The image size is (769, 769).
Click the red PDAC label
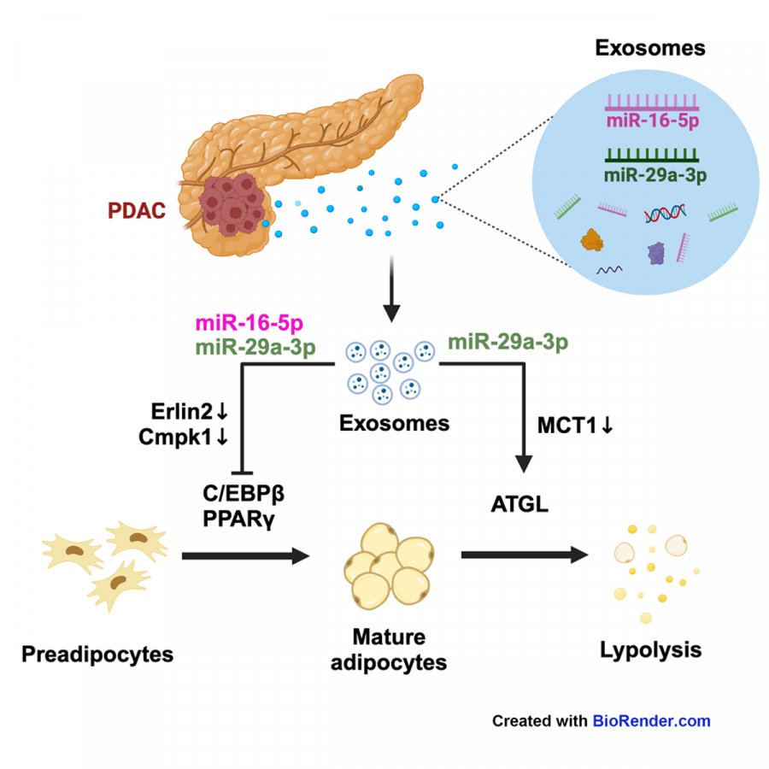pyautogui.click(x=137, y=211)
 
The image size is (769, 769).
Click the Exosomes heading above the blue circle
pyautogui.click(x=650, y=48)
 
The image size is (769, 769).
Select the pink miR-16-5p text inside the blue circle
pyautogui.click(x=653, y=120)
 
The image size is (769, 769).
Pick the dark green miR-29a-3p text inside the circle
pyautogui.click(x=655, y=175)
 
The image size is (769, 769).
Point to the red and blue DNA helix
pyautogui.click(x=665, y=214)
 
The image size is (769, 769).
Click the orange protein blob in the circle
pyautogui.click(x=592, y=240)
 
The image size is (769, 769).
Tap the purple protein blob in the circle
pyautogui.click(x=656, y=254)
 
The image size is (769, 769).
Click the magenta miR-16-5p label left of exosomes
pyautogui.click(x=249, y=324)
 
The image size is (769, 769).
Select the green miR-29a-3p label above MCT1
pyautogui.click(x=508, y=342)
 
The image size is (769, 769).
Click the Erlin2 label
pyautogui.click(x=190, y=412)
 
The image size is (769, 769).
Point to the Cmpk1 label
pyautogui.click(x=184, y=437)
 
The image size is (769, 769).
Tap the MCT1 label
pyautogui.click(x=576, y=426)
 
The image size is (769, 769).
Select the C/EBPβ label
pyautogui.click(x=244, y=493)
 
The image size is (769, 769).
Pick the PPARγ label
pyautogui.click(x=239, y=519)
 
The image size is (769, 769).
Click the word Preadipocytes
pyautogui.click(x=97, y=655)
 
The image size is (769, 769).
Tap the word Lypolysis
pyautogui.click(x=651, y=651)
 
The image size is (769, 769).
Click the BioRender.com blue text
pyautogui.click(x=652, y=721)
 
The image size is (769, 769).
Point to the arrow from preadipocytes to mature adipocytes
pyautogui.click(x=246, y=555)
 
